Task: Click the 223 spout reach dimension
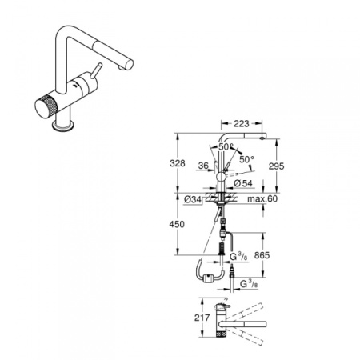[242, 123]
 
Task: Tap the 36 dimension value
[205, 167]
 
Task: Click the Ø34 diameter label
[193, 198]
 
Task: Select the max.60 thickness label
[261, 198]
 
